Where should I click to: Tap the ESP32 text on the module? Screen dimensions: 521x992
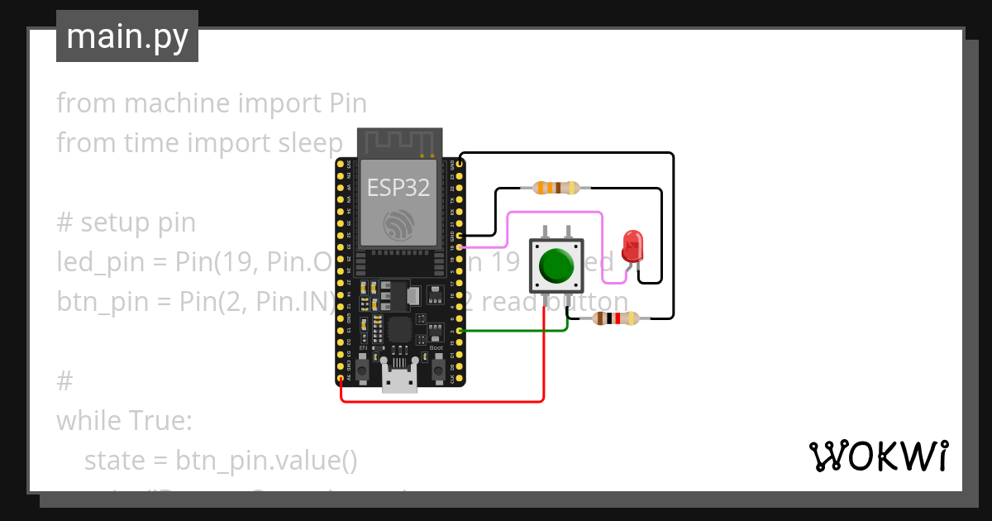398,188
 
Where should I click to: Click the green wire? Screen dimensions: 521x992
513,331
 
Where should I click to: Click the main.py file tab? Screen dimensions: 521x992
127,36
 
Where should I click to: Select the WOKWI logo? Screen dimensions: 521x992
878,456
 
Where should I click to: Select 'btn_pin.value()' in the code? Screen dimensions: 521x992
265,461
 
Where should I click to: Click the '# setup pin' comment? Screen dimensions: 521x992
126,222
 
